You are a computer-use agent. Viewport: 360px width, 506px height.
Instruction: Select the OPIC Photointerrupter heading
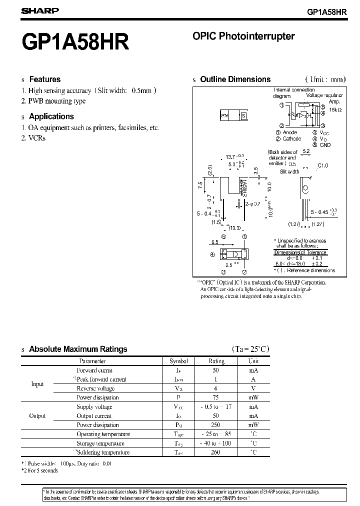(x=243, y=36)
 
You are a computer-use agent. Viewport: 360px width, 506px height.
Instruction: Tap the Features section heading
(x=44, y=79)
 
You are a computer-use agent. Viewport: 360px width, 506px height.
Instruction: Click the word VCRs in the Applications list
(x=37, y=137)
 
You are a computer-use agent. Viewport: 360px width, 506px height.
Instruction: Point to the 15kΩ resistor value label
(x=334, y=109)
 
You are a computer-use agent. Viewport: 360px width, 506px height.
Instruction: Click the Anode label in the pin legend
(x=289, y=132)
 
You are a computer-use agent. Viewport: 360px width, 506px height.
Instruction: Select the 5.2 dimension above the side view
(x=306, y=151)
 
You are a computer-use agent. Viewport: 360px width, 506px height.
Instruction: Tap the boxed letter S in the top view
(x=244, y=115)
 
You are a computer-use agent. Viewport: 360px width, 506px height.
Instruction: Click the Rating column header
(x=216, y=361)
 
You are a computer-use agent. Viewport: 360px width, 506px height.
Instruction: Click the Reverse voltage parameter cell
(x=95, y=388)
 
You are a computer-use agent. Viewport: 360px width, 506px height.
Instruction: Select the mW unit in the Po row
(x=253, y=425)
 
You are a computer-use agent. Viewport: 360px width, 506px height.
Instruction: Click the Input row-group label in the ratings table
(x=37, y=384)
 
